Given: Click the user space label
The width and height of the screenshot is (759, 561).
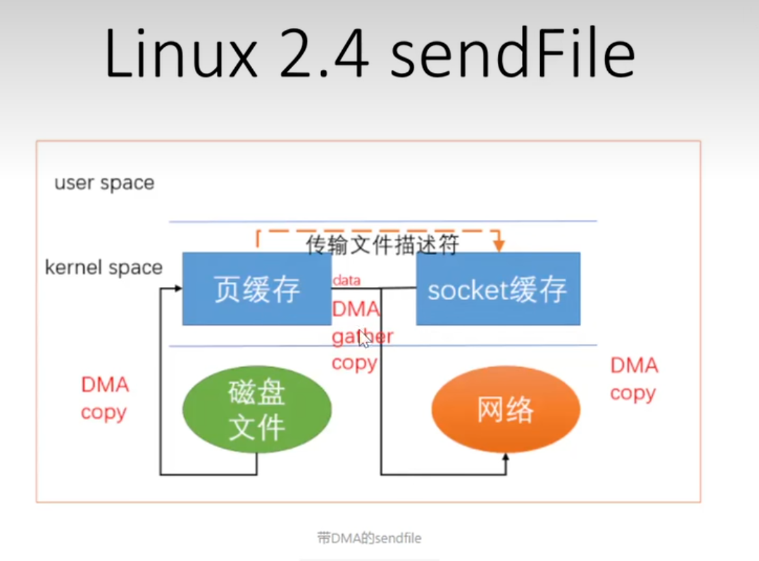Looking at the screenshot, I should (x=104, y=183).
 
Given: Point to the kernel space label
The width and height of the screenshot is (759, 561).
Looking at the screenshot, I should (x=104, y=268).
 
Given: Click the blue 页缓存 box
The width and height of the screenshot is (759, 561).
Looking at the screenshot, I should (x=257, y=289).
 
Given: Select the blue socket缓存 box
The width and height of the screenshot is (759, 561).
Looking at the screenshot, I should (x=498, y=289).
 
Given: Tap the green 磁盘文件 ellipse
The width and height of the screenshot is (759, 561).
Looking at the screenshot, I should (x=257, y=410).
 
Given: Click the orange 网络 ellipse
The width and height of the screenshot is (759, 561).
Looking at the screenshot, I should (x=506, y=410).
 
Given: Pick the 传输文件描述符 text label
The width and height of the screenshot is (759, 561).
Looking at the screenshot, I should (x=383, y=245).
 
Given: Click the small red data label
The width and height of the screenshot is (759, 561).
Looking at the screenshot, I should (x=347, y=280).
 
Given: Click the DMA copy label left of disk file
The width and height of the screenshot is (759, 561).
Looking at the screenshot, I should (x=105, y=398).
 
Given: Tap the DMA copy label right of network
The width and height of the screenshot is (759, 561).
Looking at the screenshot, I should (x=633, y=379).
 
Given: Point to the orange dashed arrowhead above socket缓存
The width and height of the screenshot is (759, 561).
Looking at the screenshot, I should (x=499, y=247).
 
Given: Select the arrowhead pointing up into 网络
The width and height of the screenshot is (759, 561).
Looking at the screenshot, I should (x=506, y=459).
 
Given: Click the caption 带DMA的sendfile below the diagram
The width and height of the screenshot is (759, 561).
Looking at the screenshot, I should (x=369, y=538).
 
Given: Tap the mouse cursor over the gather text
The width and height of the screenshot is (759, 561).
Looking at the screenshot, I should (x=364, y=341).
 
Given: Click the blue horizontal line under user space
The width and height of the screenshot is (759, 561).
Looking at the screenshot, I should (x=383, y=221).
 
